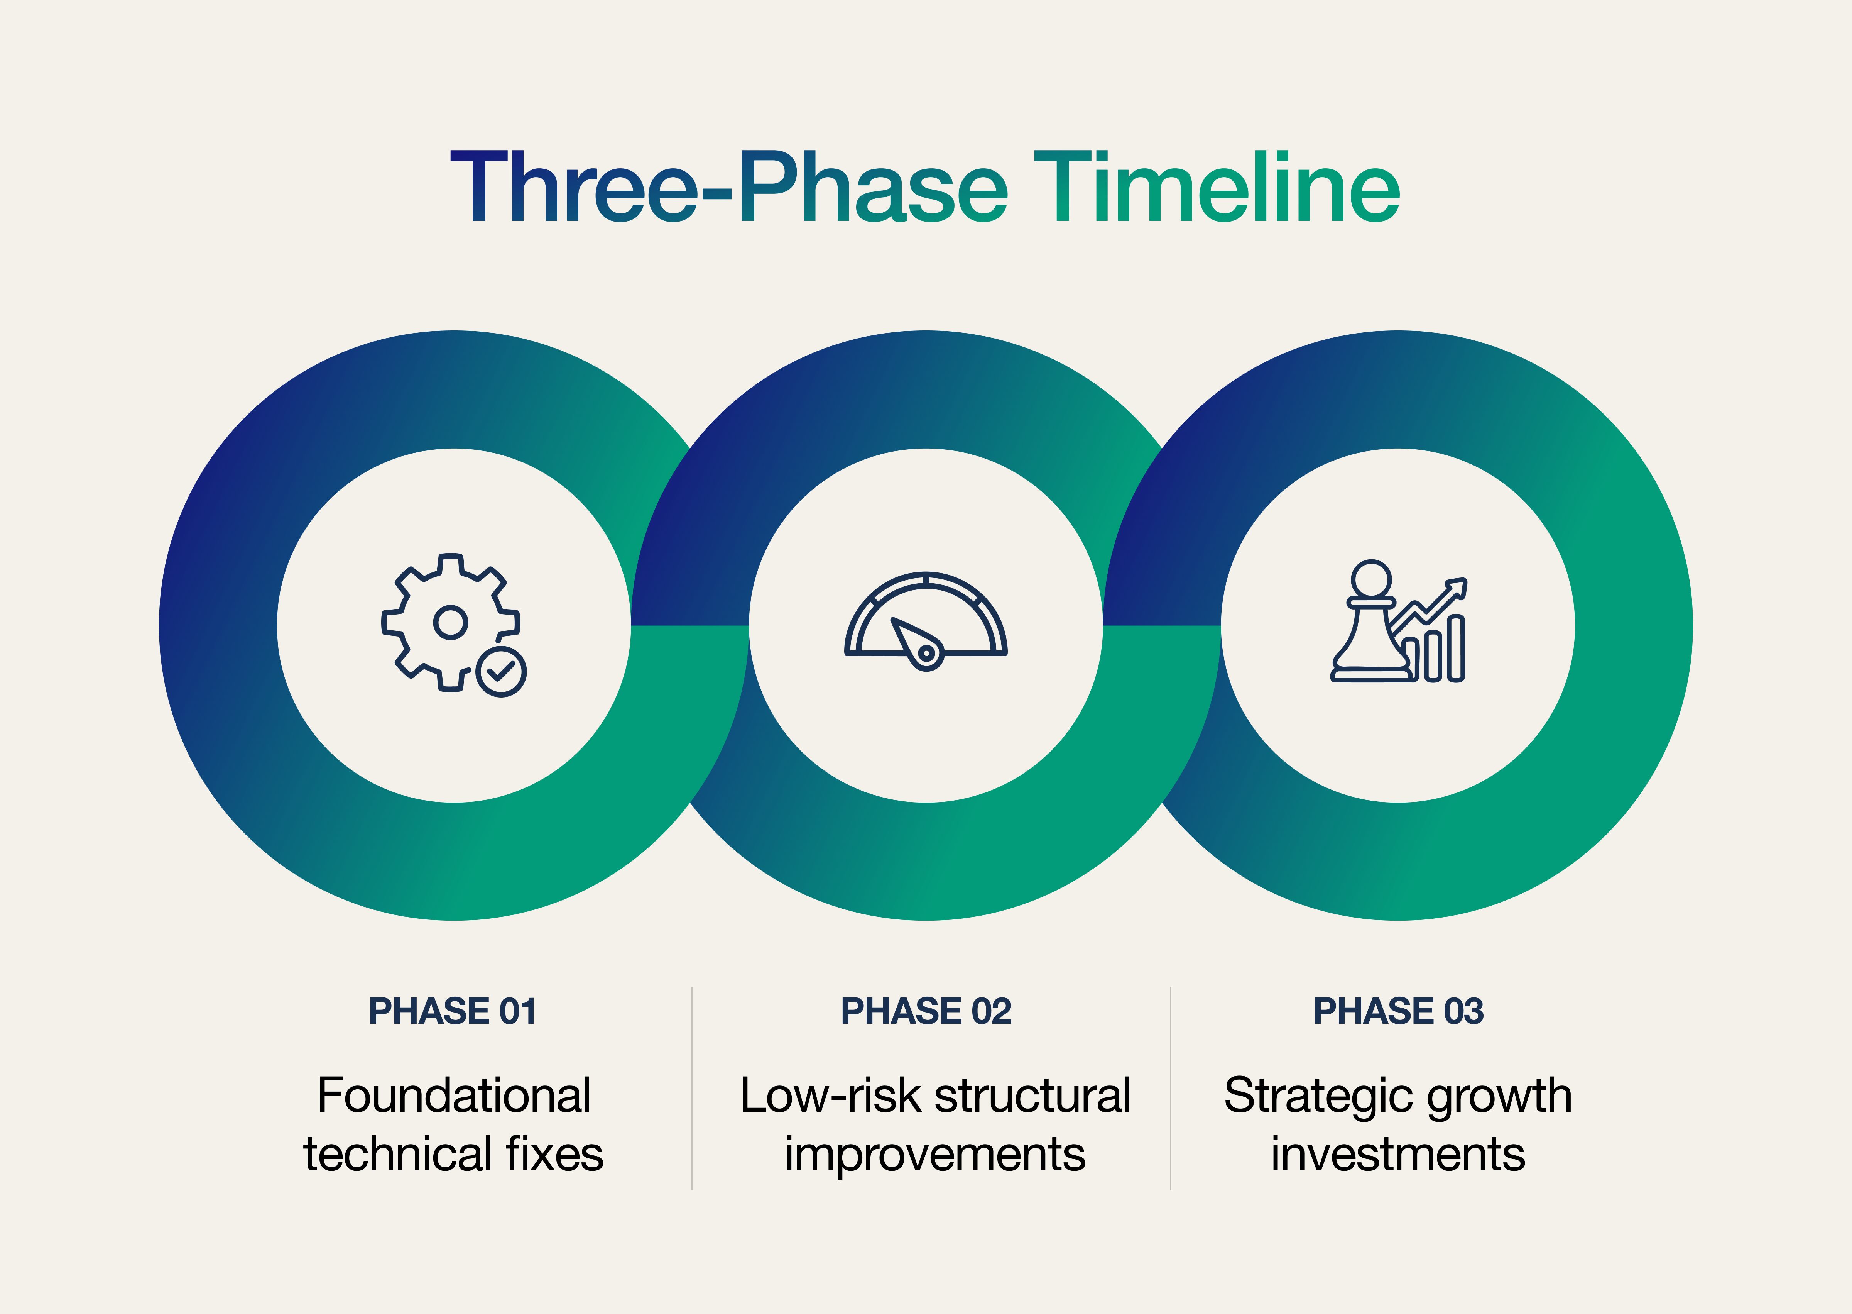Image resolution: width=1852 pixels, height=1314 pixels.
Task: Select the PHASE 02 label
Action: tap(926, 1011)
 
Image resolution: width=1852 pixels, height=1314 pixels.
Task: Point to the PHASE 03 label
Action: tap(1398, 1011)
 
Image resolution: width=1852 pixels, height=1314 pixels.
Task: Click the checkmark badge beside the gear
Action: tap(502, 671)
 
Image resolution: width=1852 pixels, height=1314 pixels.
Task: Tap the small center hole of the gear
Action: tap(451, 622)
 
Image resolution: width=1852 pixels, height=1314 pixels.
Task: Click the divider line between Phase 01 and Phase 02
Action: tap(692, 1088)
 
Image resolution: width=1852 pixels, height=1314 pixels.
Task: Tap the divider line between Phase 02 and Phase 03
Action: tap(1170, 1088)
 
